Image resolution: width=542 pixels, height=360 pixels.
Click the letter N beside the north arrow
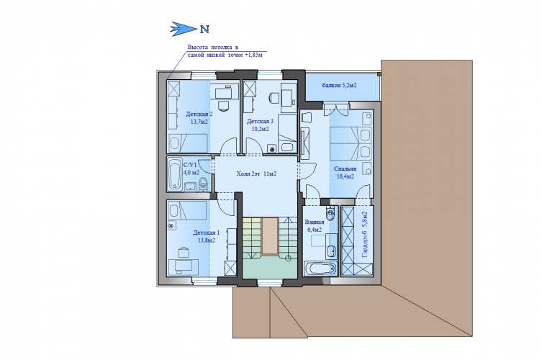204,30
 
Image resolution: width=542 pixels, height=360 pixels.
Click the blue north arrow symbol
184,29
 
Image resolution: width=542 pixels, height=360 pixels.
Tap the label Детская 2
199,114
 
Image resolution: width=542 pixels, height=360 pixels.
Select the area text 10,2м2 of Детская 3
261,129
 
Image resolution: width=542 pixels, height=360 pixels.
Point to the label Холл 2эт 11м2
256,174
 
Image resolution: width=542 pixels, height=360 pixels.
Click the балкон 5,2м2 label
339,85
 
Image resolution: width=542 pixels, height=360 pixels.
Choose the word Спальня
345,168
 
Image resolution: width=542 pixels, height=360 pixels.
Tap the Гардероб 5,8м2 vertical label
365,235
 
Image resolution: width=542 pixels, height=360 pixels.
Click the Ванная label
315,222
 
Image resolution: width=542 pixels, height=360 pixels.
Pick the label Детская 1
207,233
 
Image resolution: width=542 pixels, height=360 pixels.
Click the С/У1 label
190,165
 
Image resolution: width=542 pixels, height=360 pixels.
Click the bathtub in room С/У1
175,174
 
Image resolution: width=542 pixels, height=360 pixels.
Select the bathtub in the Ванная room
320,269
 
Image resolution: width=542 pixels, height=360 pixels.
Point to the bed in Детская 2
188,143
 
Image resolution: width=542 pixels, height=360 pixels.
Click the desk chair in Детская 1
183,252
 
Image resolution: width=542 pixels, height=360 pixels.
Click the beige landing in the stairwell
270,236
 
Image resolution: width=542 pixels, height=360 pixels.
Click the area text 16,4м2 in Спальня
345,176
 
